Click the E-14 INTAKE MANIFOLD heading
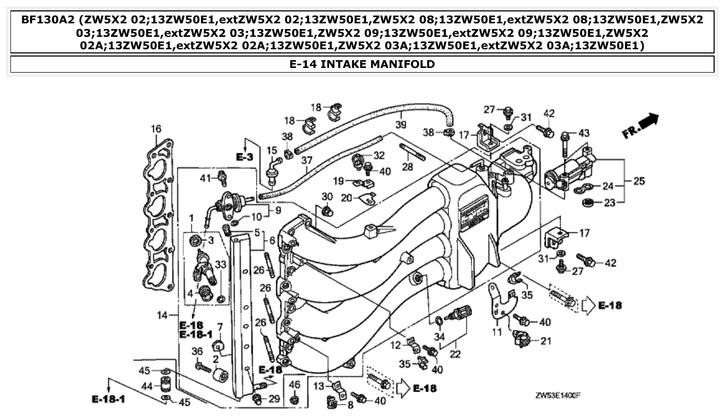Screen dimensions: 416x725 (362, 64)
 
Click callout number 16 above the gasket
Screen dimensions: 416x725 (156, 129)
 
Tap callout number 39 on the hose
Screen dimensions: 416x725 (400, 125)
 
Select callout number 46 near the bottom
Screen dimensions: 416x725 (294, 384)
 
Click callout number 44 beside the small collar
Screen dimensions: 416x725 (148, 386)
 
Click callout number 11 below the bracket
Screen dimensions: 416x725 (497, 331)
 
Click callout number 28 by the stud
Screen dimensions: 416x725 (408, 167)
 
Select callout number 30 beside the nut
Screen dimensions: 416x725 (326, 197)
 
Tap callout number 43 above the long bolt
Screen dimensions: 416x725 (584, 133)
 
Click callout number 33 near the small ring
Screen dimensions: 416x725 (221, 265)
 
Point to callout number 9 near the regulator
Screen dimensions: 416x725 (278, 210)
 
